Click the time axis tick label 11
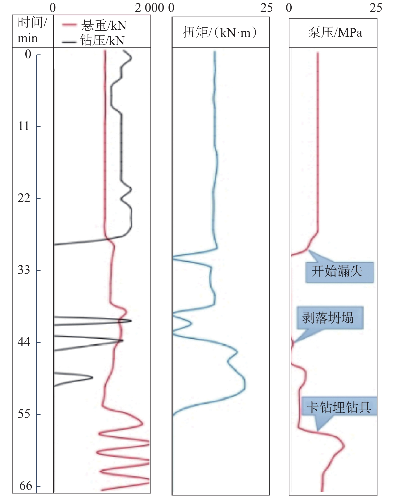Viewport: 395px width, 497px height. click(24, 126)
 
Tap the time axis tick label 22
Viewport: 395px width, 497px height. click(24, 198)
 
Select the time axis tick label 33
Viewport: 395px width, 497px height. click(24, 270)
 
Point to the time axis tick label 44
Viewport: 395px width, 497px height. click(24, 342)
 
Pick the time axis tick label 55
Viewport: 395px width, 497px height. click(24, 414)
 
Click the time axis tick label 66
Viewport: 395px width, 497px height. click(26, 486)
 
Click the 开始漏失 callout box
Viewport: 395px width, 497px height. click(339, 272)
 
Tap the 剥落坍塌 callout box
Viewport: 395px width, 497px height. click(330, 318)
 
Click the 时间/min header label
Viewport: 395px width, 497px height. click(32, 31)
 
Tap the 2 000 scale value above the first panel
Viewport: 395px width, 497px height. click(149, 8)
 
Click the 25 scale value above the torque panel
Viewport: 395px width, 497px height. click(266, 8)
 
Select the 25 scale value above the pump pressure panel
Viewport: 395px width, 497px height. click(376, 8)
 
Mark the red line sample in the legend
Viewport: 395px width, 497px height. click(69, 25)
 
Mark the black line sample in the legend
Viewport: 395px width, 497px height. click(69, 42)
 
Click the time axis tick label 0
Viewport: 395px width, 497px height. click(28, 54)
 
